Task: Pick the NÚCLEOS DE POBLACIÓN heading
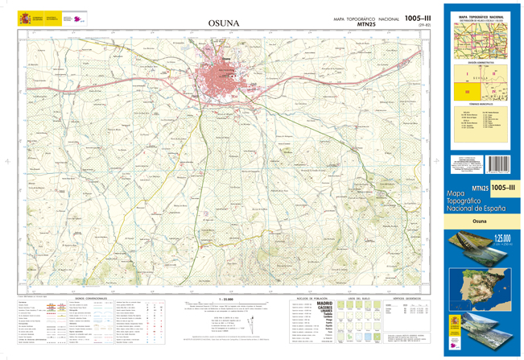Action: point(307,297)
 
